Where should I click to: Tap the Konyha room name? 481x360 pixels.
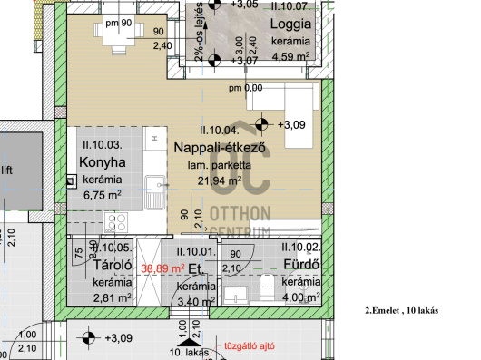pos(102,162)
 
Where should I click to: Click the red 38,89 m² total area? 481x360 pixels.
pos(163,268)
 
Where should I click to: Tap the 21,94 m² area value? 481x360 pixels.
pos(220,180)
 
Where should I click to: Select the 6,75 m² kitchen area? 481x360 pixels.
pos(102,193)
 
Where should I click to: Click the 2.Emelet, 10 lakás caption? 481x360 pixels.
pos(401,310)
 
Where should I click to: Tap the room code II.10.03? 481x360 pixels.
pos(102,145)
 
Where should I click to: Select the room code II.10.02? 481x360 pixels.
pos(300,247)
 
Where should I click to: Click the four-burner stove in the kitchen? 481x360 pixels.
pos(117,220)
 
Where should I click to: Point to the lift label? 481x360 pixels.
pos(6,169)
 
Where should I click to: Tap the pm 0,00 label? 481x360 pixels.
pos(245,88)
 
